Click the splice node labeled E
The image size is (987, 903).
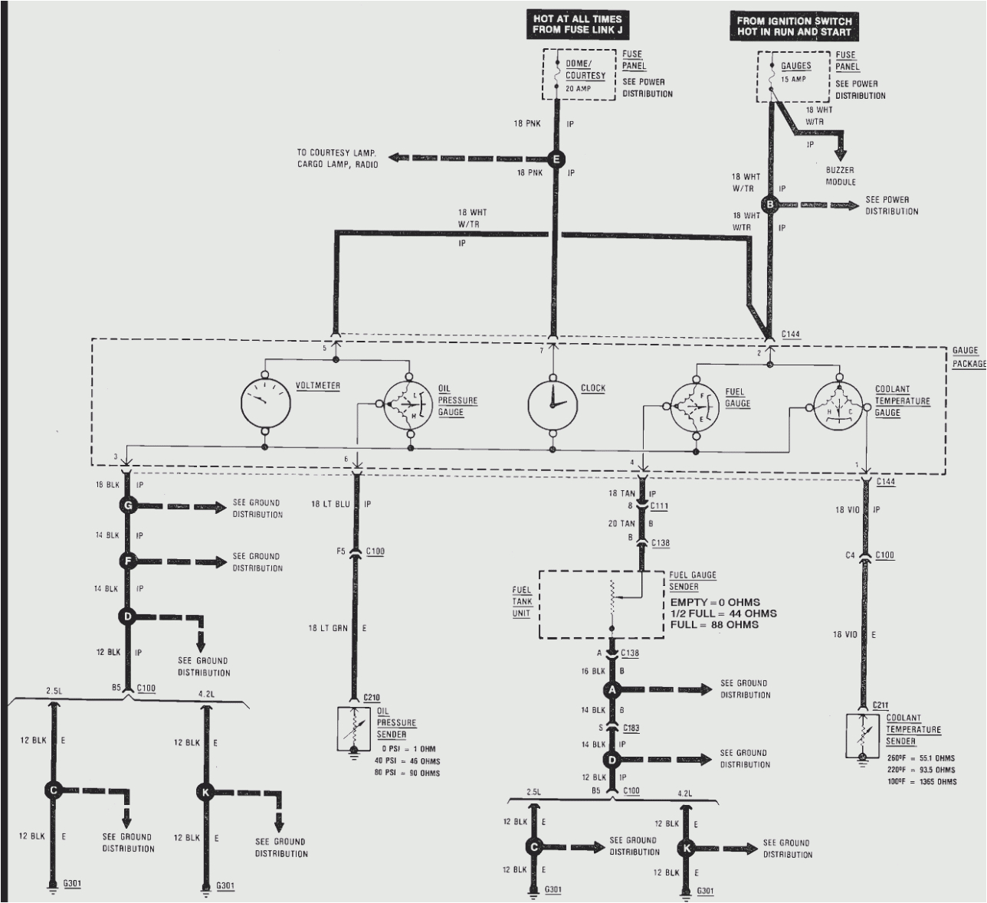[557, 159]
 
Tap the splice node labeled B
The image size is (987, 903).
[769, 204]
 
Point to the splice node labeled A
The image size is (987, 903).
[612, 689]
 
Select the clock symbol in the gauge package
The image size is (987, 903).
[552, 403]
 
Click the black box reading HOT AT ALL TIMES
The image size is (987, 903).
[579, 24]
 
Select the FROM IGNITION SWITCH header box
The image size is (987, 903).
[793, 27]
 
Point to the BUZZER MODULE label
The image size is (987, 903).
[841, 176]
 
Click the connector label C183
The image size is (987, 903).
[631, 728]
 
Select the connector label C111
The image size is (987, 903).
[659, 506]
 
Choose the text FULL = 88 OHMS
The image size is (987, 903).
[714, 624]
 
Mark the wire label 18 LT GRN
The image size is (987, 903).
[328, 628]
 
